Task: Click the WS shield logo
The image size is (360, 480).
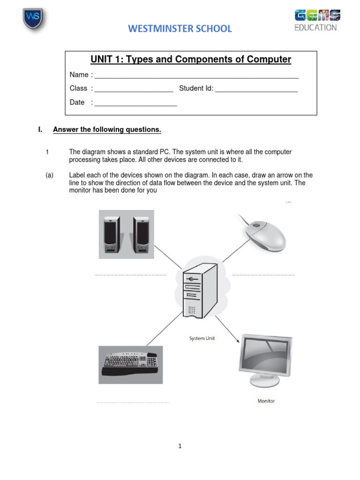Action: [32, 18]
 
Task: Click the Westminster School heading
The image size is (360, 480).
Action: [180, 29]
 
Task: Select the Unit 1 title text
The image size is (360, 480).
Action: [190, 60]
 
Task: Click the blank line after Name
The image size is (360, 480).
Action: [196, 76]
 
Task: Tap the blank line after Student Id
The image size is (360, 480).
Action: [256, 90]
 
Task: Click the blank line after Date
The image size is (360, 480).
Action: [135, 104]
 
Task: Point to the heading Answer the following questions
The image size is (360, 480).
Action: [107, 129]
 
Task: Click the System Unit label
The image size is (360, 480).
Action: [202, 338]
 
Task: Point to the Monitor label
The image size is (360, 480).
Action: [266, 401]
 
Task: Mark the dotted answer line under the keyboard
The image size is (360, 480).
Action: [133, 402]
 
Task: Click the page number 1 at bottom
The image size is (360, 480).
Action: [180, 446]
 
